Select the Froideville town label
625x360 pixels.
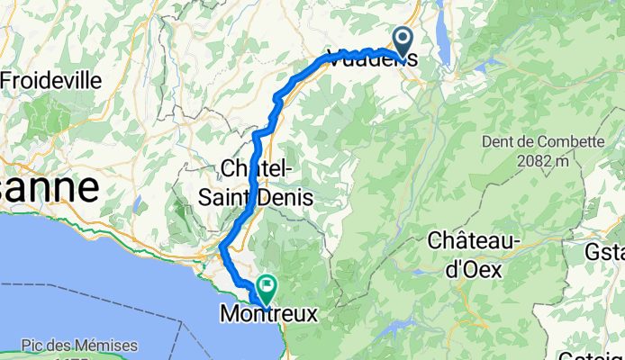click(51, 80)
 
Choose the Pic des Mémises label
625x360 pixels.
click(81, 346)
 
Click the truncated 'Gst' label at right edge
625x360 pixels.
click(604, 250)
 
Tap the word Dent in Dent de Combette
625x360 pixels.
click(500, 142)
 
